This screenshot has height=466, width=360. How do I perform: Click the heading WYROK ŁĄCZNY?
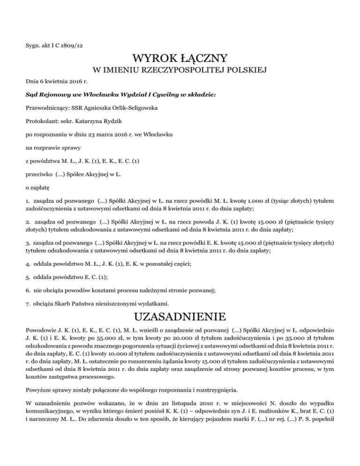(x=180, y=59)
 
